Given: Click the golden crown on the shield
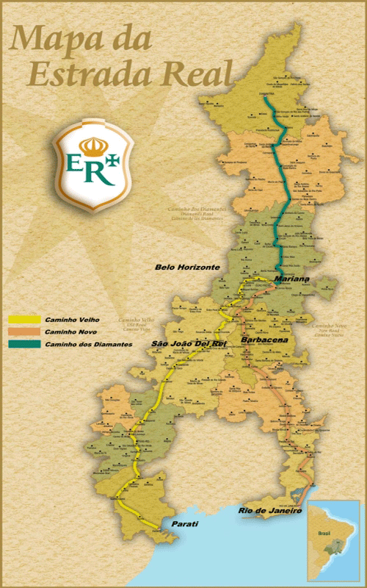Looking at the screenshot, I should [92, 146].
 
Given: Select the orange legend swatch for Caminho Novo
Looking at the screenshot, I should [24, 332].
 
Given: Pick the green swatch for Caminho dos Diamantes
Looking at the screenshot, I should [24, 344].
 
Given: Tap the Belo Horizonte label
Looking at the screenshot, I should [187, 268].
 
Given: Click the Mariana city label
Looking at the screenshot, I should [291, 281].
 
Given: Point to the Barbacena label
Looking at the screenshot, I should [264, 342].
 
